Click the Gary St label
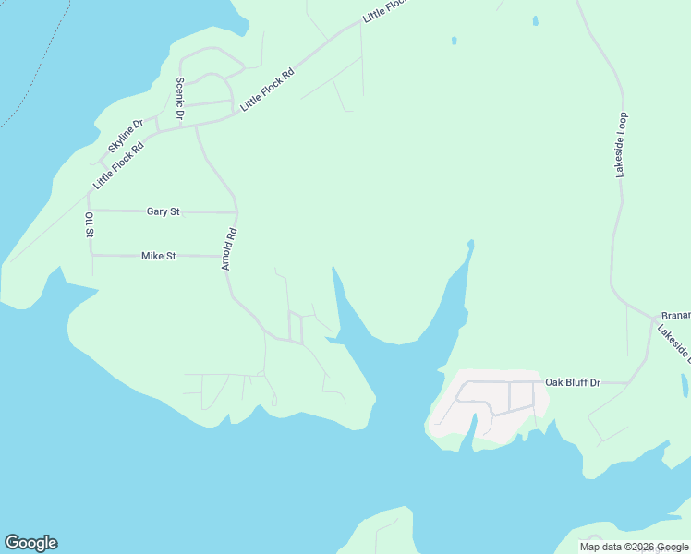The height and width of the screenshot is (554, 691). point(163,211)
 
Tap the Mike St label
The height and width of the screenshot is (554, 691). point(158,256)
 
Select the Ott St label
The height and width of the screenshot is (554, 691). point(90,224)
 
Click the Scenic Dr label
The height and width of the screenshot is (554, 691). point(180,98)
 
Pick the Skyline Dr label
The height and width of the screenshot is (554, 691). point(126,136)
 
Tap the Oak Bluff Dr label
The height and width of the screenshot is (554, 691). point(573,381)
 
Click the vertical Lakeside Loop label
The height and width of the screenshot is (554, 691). point(622,145)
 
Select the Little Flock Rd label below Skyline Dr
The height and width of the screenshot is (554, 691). point(118,165)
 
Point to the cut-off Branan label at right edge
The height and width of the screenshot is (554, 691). point(675,315)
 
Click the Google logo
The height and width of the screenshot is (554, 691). point(30,543)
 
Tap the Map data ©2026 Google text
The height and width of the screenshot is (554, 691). point(634,547)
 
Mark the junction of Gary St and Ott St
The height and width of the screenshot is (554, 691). point(90,211)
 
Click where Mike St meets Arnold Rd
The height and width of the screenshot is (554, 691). point(229,257)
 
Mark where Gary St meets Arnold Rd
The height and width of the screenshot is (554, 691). point(236,212)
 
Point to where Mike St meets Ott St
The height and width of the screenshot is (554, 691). point(91,255)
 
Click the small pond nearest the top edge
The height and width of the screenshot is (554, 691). point(535,19)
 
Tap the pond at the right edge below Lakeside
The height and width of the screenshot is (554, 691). point(684,385)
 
